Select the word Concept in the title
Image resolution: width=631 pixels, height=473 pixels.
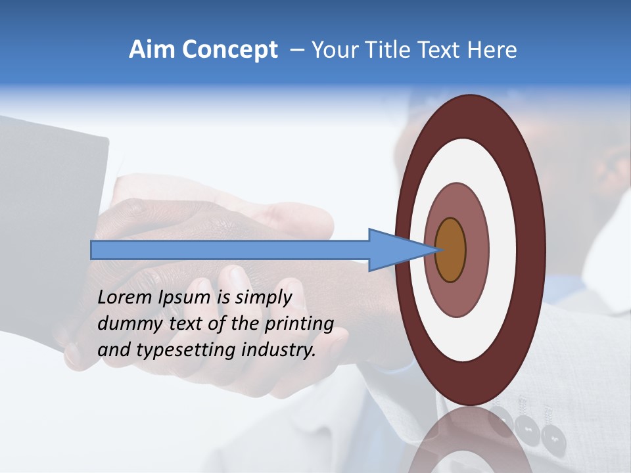click(x=229, y=50)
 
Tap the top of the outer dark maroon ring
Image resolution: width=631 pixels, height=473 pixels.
click(x=470, y=115)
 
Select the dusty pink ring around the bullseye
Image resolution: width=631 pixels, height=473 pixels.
click(x=477, y=250)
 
